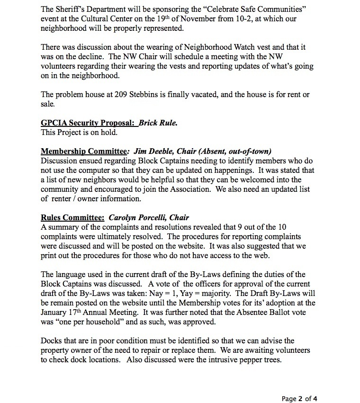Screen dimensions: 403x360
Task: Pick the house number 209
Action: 123,95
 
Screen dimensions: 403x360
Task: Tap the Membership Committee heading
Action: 85,152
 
